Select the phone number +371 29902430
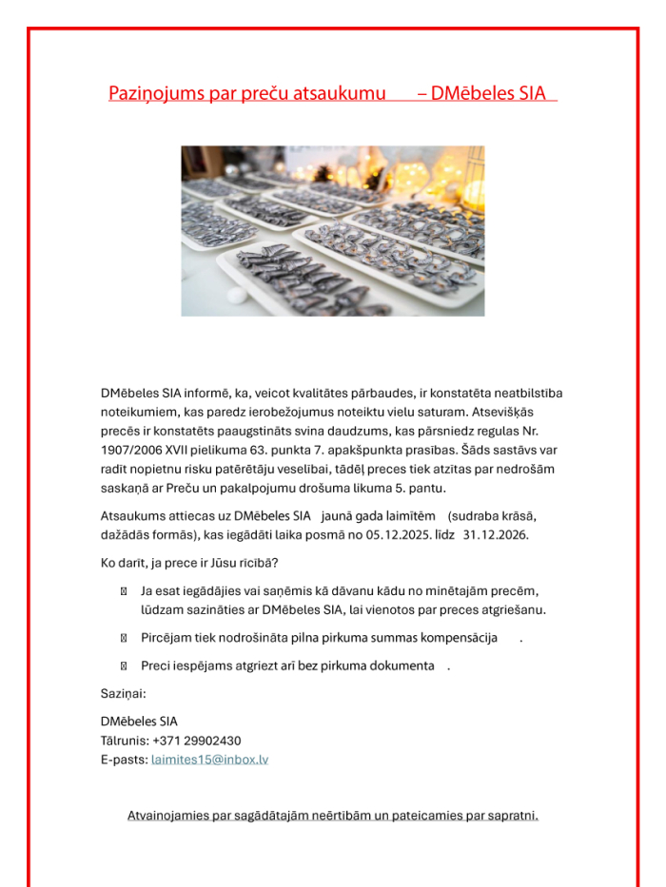pyautogui.click(x=196, y=741)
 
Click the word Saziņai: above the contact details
pyautogui.click(x=123, y=693)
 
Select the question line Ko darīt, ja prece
pyautogui.click(x=189, y=563)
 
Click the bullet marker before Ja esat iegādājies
pyautogui.click(x=124, y=591)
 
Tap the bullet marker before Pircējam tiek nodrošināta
pyautogui.click(x=124, y=638)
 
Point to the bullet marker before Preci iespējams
pyautogui.click(x=124, y=665)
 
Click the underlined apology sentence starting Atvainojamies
pyautogui.click(x=333, y=815)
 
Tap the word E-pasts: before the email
pyautogui.click(x=124, y=760)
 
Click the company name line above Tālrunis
pyautogui.click(x=139, y=722)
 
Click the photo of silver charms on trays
pyautogui.click(x=332, y=231)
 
